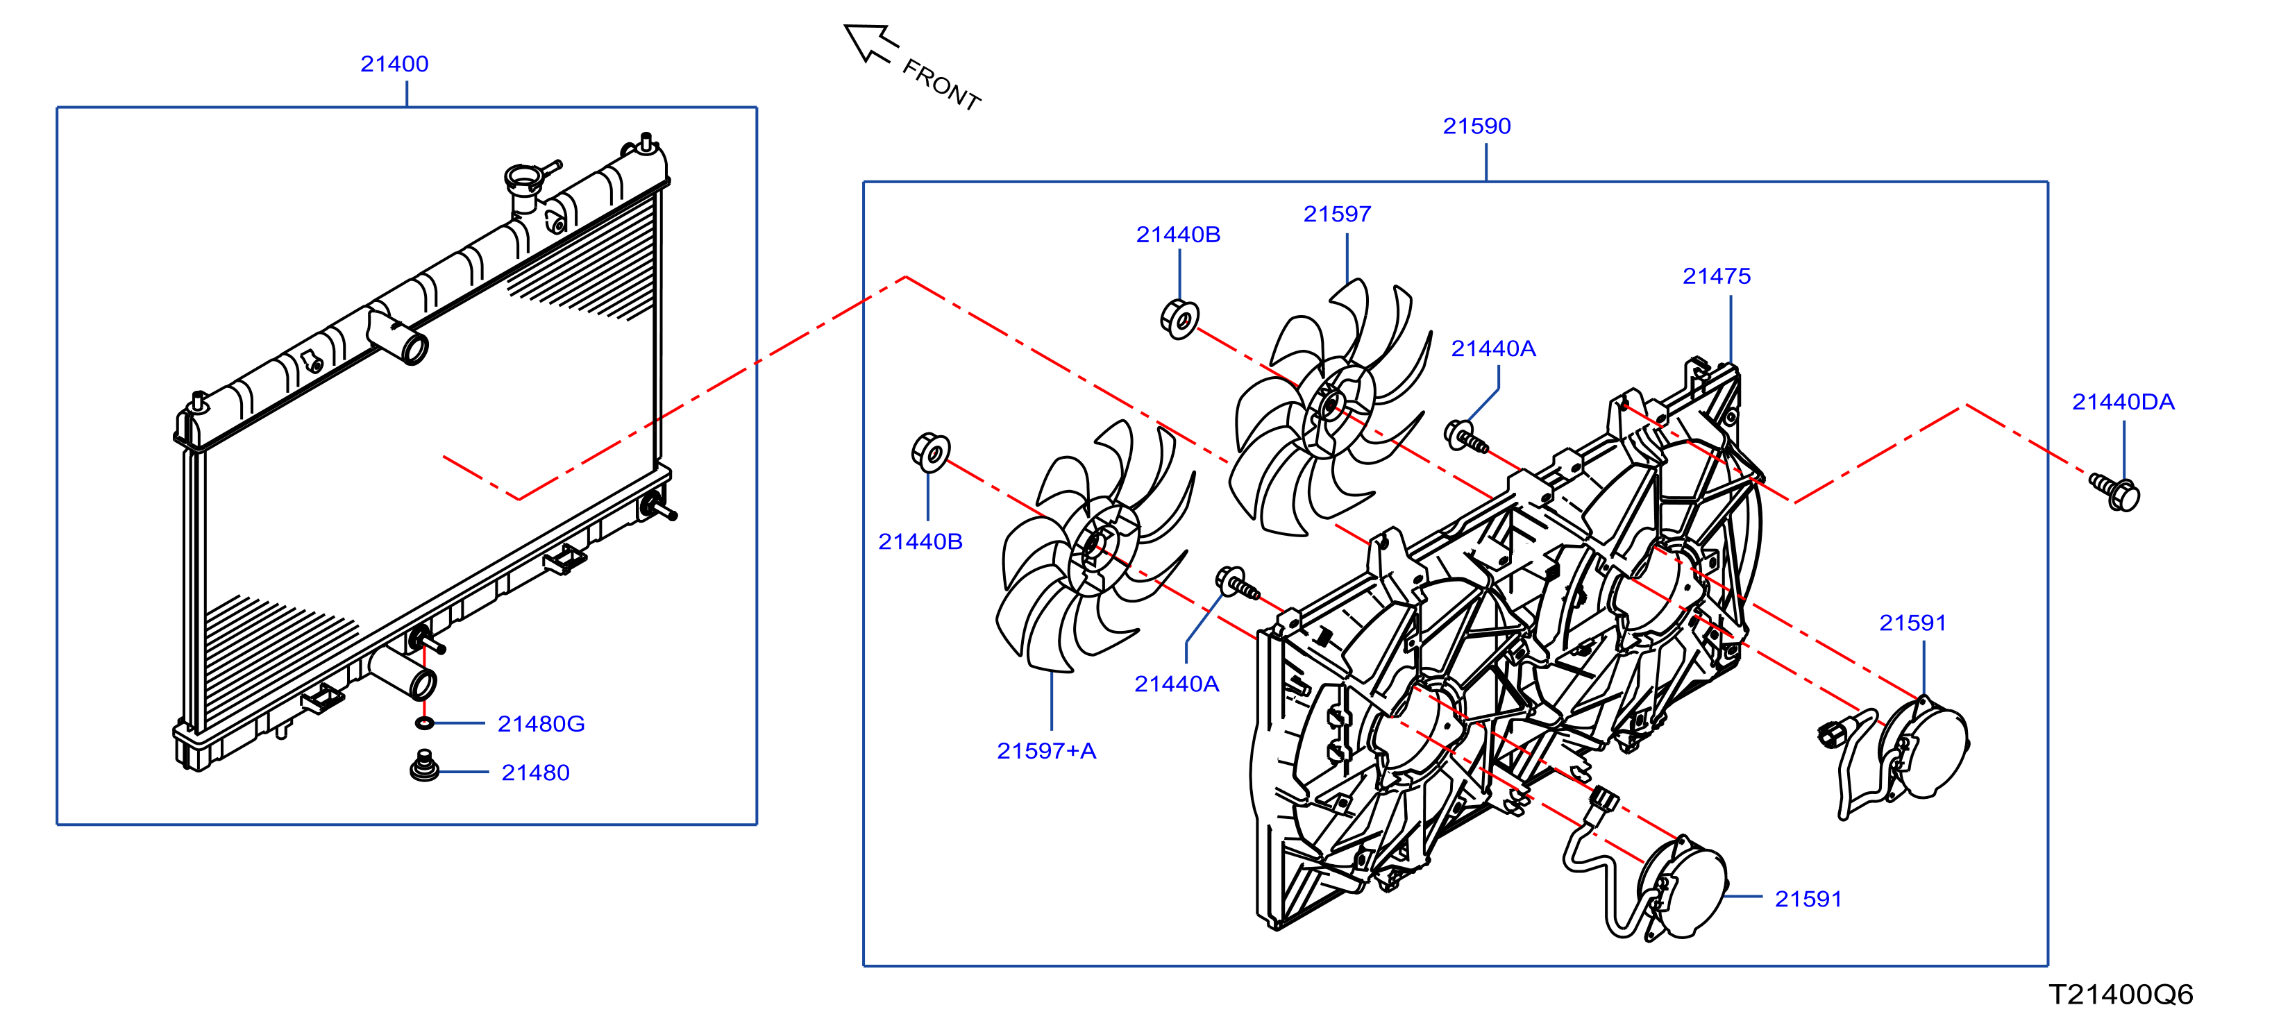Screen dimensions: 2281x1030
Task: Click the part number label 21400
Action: tap(394, 64)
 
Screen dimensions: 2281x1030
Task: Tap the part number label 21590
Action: tap(1477, 126)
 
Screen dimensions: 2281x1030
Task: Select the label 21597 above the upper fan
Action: tap(1337, 214)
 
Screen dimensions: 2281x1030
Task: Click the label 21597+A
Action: tap(1047, 751)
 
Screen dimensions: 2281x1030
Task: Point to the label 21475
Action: tap(1717, 276)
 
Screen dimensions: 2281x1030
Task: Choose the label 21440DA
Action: tap(2123, 402)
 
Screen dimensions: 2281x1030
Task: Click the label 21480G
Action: tap(541, 724)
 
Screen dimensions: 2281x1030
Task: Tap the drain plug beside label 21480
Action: tap(425, 767)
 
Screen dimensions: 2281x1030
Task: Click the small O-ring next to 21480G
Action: tap(424, 724)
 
